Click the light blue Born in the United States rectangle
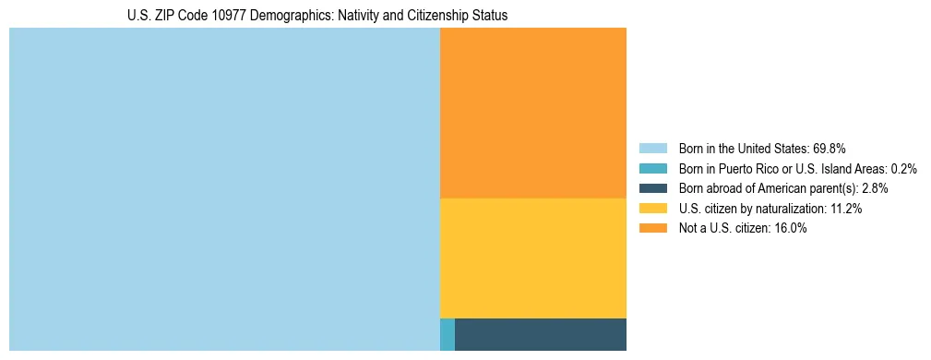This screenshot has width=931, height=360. (x=224, y=189)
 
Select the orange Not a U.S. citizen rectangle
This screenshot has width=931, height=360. (x=533, y=113)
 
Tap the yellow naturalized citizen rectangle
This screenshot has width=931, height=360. (x=533, y=258)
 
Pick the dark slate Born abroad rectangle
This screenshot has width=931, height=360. (x=541, y=334)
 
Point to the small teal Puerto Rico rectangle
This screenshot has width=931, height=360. (x=448, y=334)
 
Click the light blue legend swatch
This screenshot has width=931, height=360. (x=652, y=148)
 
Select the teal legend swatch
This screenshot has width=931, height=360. (x=652, y=168)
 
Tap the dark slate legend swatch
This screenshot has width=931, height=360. (x=652, y=188)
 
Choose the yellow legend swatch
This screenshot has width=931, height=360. (x=652, y=209)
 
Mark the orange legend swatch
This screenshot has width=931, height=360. (x=652, y=229)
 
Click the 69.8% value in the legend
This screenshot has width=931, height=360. (x=830, y=148)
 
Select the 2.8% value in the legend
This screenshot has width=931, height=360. (x=875, y=188)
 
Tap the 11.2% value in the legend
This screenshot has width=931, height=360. (x=846, y=209)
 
